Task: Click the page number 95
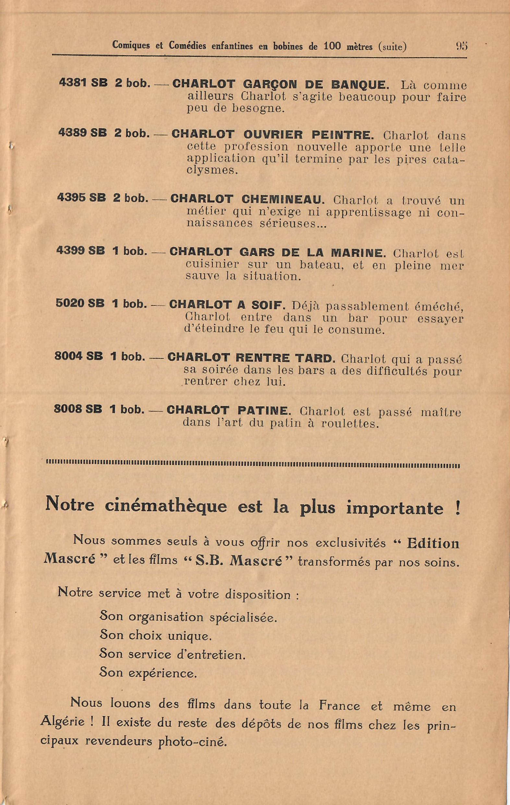click(x=462, y=46)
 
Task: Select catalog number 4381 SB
click(x=83, y=83)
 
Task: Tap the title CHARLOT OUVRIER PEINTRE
click(x=271, y=135)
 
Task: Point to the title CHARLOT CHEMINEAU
click(x=247, y=199)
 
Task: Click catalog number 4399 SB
click(x=80, y=251)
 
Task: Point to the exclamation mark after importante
click(x=456, y=507)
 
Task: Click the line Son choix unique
click(x=155, y=634)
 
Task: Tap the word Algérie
click(x=62, y=721)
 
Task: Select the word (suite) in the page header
click(x=392, y=46)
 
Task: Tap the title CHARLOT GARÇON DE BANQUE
click(x=280, y=84)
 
